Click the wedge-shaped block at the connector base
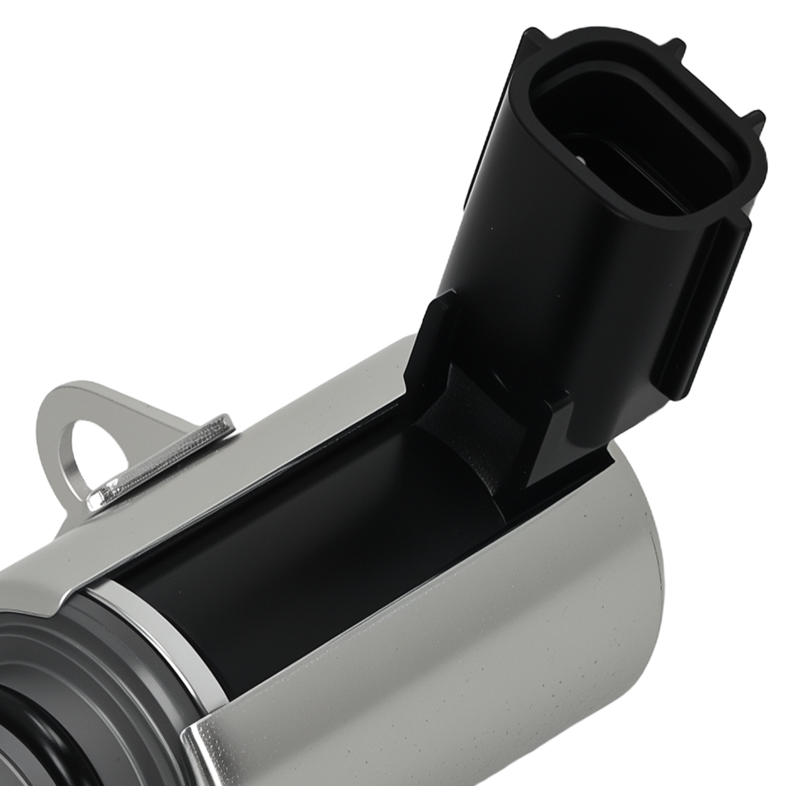click(x=550, y=440)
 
